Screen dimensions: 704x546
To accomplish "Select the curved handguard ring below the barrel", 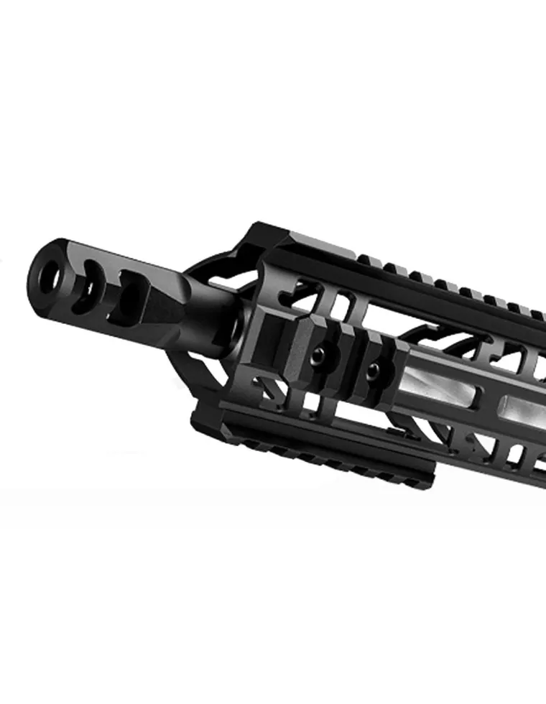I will pos(180,374).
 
